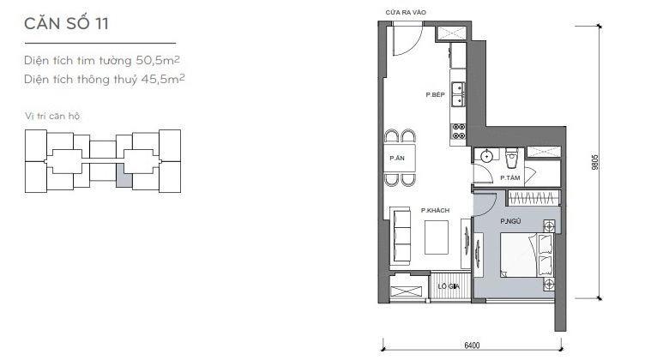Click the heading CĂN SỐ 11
pos(67,23)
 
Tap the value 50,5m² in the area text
pos(158,60)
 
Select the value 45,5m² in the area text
pos(163,79)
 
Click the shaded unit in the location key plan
pos(124,175)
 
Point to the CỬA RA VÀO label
pos(406,13)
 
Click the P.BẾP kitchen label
pos(436,94)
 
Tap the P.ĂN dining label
pos(397,158)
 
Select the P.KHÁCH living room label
pos(435,210)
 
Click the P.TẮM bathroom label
pos(510,178)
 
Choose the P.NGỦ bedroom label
pos(510,221)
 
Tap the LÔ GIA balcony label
pos(449,286)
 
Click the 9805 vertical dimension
pos(595,162)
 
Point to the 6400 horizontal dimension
pos(472,345)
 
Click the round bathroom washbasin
pos(486,156)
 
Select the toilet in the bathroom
pos(511,158)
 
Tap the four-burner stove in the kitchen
pos(458,131)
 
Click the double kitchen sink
pos(457,94)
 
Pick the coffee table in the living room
pos(437,237)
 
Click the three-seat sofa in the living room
pos(401,236)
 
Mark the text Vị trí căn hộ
pos(52,116)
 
